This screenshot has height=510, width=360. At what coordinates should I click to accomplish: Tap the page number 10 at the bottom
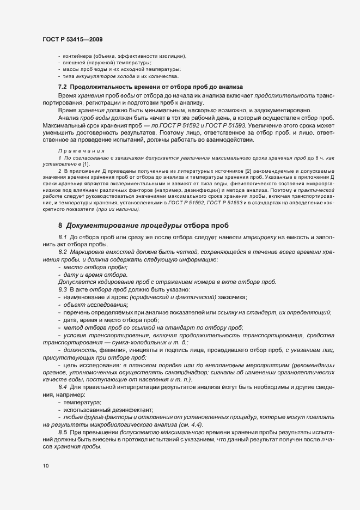click(x=45, y=466)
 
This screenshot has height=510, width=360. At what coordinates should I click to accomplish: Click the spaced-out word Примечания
click(x=80, y=150)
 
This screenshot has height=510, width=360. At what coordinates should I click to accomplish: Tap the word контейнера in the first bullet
click(x=78, y=57)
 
